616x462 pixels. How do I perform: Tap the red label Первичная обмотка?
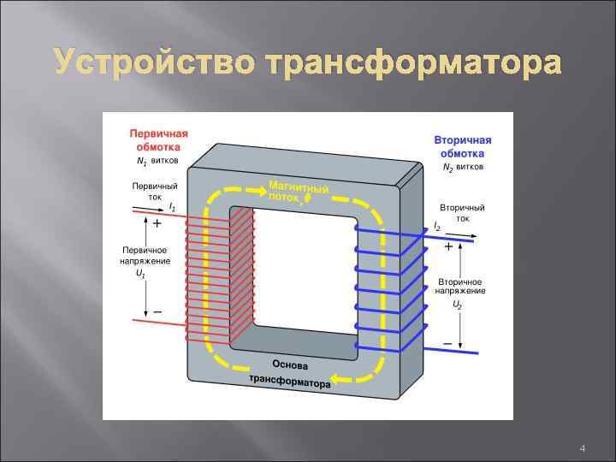(x=158, y=140)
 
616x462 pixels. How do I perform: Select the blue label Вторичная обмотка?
(x=463, y=146)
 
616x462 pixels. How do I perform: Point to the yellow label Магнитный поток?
(x=298, y=192)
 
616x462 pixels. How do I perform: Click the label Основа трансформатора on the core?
(x=290, y=372)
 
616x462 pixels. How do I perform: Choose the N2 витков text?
(x=463, y=168)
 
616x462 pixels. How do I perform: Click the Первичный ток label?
(x=154, y=191)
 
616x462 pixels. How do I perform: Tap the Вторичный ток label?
(x=462, y=213)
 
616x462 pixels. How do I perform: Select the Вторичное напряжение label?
(x=461, y=286)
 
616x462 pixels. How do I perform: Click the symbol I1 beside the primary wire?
(x=172, y=207)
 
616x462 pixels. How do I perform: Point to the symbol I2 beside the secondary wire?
(x=437, y=227)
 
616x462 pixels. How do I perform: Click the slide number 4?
(x=582, y=448)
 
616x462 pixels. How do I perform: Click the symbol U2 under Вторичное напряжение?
(x=458, y=304)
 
